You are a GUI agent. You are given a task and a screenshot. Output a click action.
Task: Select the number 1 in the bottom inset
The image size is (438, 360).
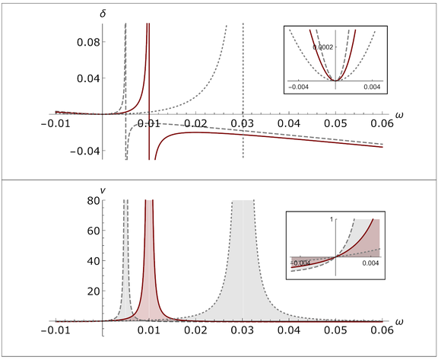click(x=331, y=219)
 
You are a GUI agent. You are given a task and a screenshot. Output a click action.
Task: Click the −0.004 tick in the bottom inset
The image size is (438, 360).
click(x=301, y=263)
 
